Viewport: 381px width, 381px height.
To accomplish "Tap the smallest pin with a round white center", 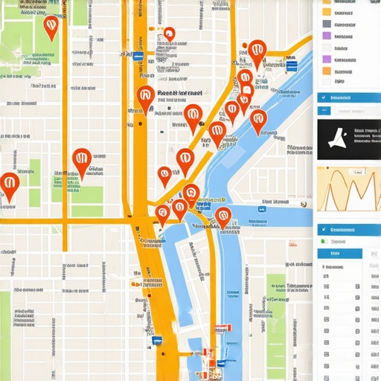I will [169, 34].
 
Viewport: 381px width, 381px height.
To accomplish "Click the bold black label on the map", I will [179, 95].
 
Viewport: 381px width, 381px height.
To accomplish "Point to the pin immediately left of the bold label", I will [146, 96].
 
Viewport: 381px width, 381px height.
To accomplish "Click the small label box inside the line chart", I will [359, 172].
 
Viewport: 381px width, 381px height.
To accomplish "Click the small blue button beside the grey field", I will [323, 111].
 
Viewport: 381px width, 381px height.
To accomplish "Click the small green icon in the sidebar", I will [323, 242].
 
